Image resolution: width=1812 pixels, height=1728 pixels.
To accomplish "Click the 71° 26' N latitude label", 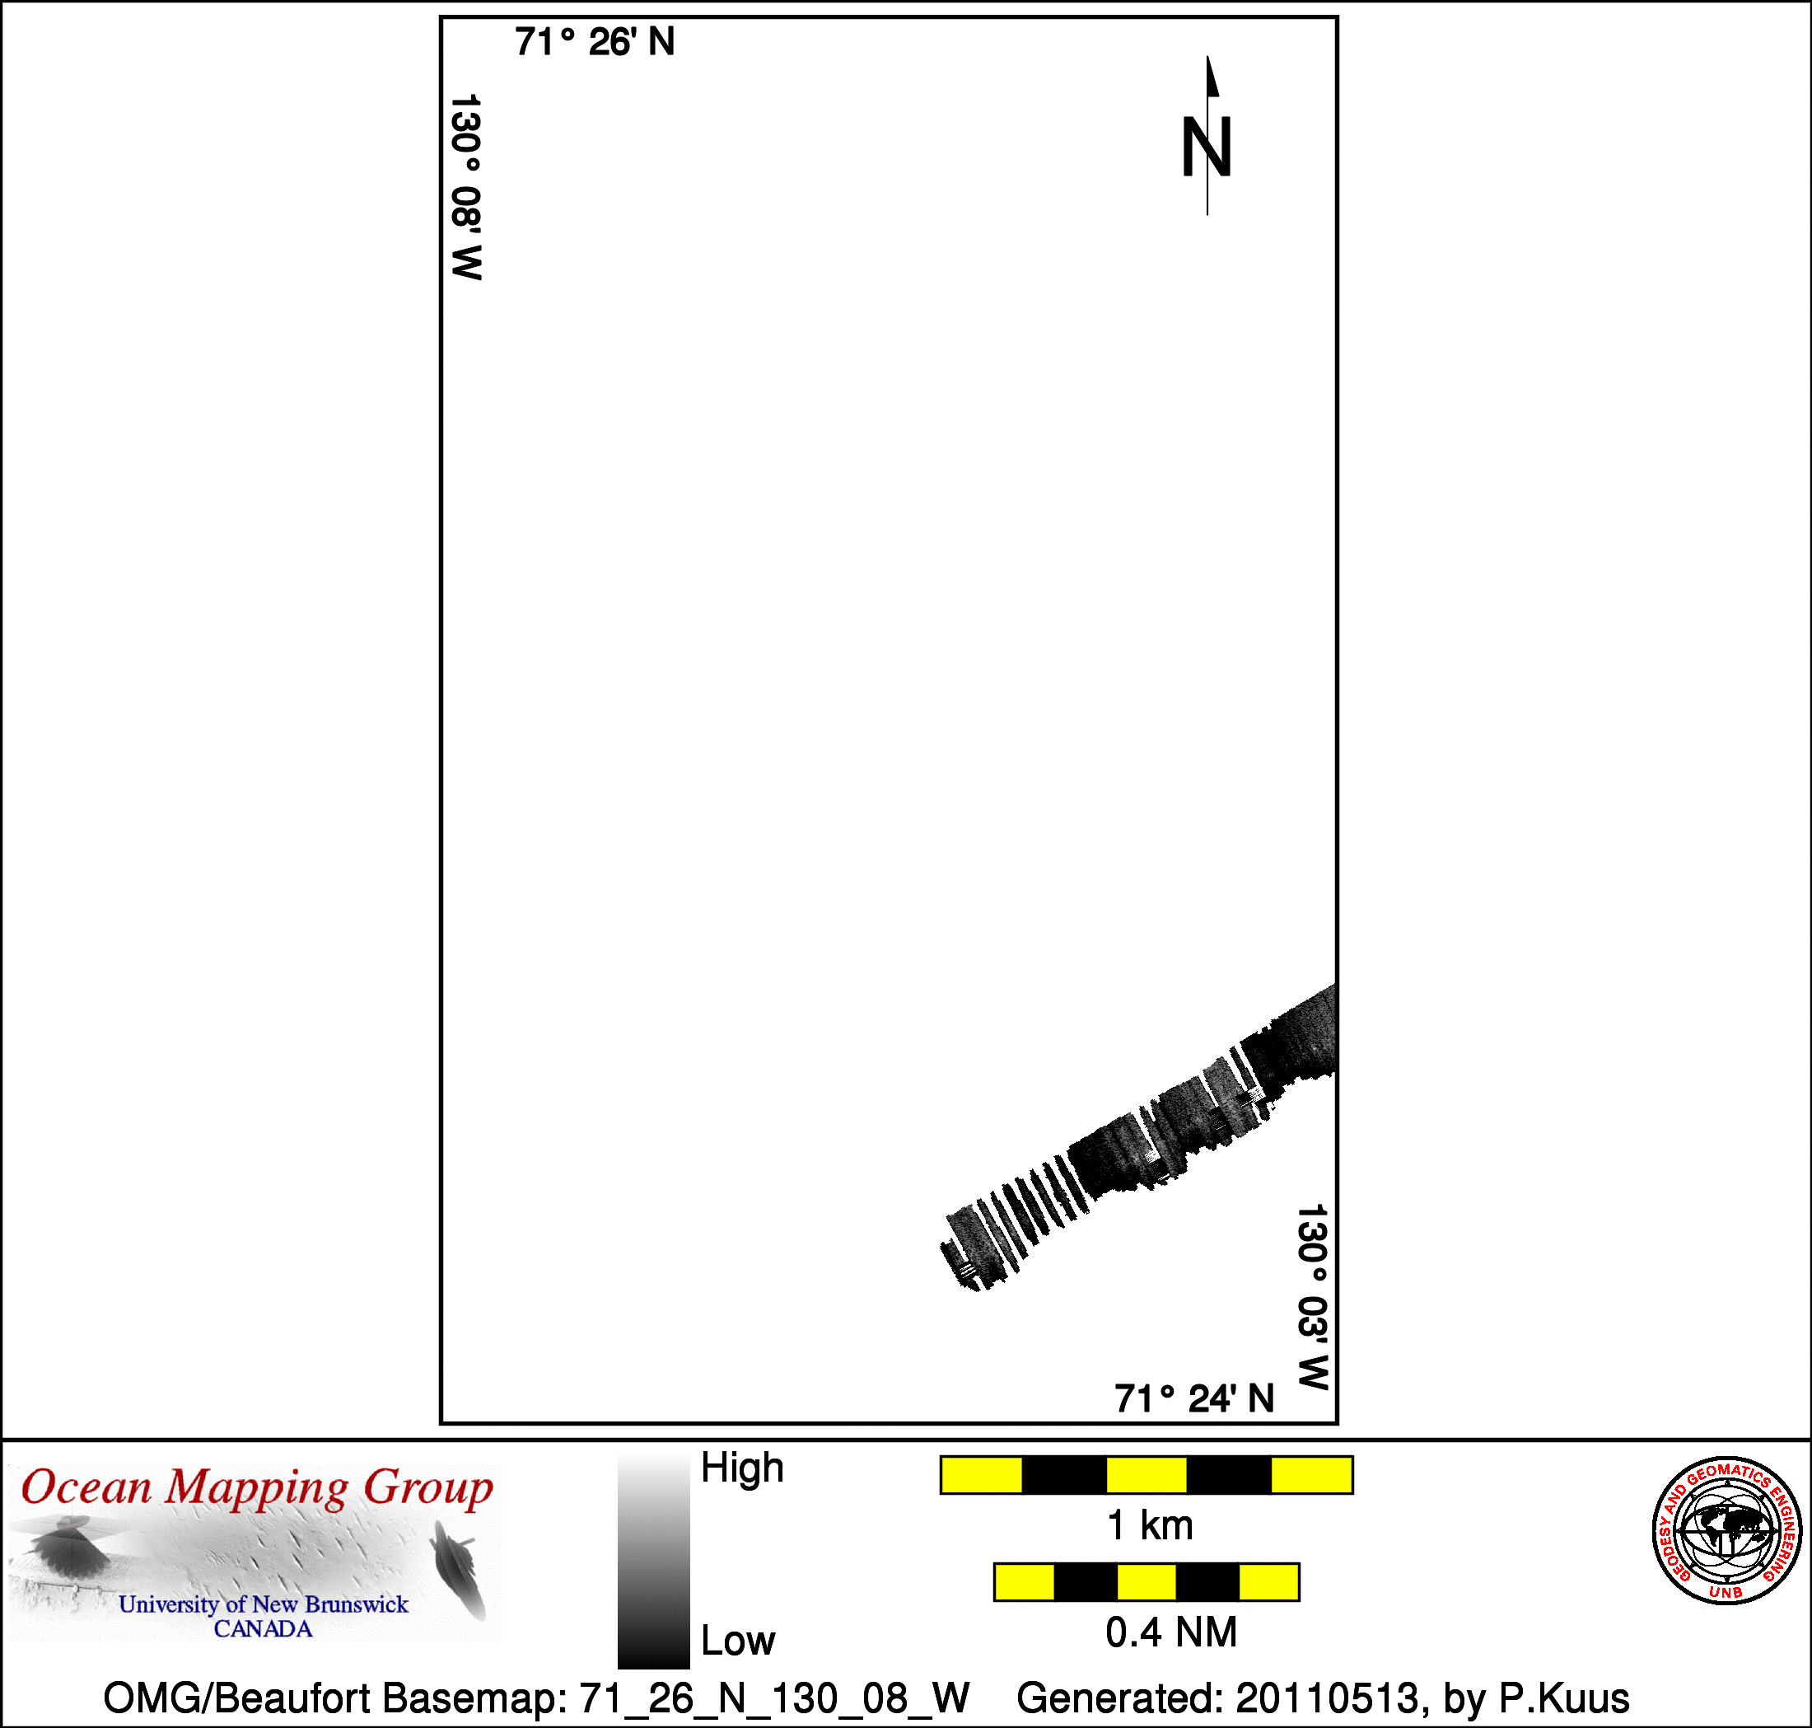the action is click(595, 42).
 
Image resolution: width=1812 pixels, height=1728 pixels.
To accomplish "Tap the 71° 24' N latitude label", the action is click(1194, 1398).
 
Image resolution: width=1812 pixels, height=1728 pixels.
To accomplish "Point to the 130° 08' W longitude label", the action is click(466, 186).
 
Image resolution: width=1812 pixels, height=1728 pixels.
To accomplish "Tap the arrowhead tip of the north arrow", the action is click(1208, 56).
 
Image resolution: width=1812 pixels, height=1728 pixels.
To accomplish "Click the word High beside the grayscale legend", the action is click(742, 1468).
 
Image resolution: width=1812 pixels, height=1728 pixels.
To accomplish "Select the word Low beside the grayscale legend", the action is click(739, 1641).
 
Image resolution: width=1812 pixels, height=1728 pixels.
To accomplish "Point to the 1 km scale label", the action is click(1150, 1525).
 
